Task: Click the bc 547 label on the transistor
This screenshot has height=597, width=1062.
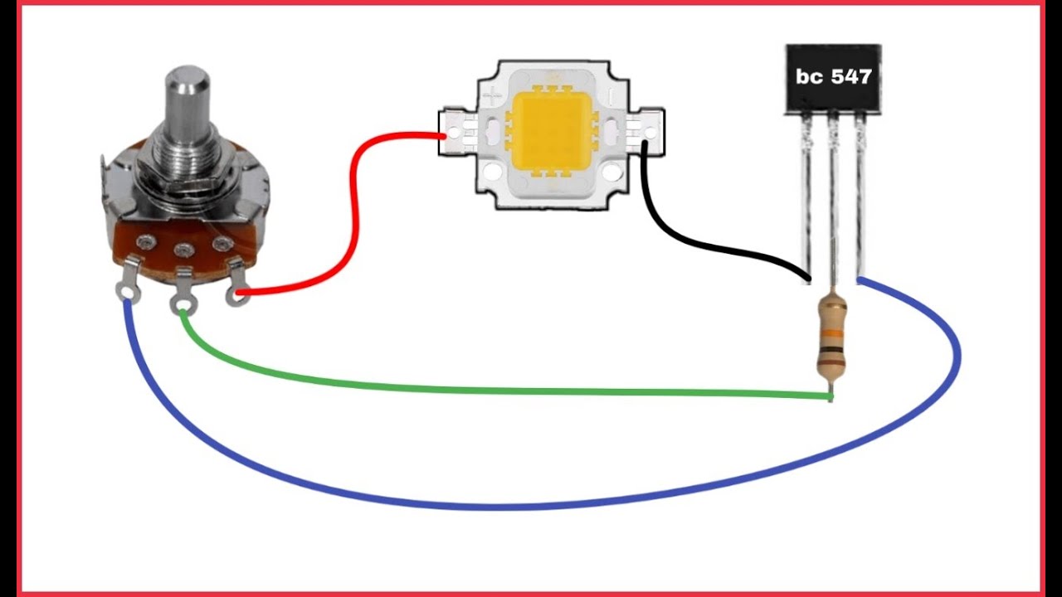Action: pyautogui.click(x=834, y=77)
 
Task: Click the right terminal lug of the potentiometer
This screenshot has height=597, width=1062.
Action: pyautogui.click(x=237, y=284)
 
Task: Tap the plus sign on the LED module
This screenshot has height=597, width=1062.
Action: pyautogui.click(x=492, y=97)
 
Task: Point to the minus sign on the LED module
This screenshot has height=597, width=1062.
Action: pyautogui.click(x=611, y=98)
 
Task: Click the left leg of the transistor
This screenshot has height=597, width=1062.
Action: pyautogui.click(x=806, y=200)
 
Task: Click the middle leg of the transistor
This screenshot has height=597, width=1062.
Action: pyautogui.click(x=832, y=204)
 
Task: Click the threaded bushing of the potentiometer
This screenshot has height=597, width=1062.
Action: pyautogui.click(x=187, y=161)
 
